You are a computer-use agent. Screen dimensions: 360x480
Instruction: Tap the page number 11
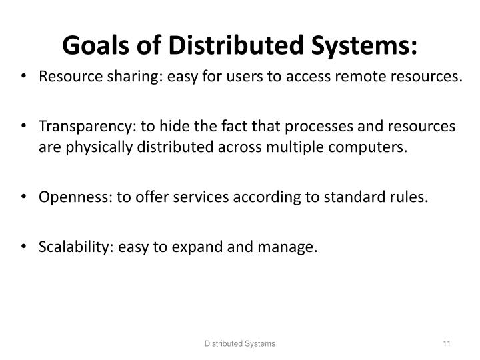[x=447, y=343]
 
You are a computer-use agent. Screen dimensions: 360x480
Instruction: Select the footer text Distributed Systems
[x=239, y=343]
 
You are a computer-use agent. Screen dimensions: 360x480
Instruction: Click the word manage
[x=291, y=248]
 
